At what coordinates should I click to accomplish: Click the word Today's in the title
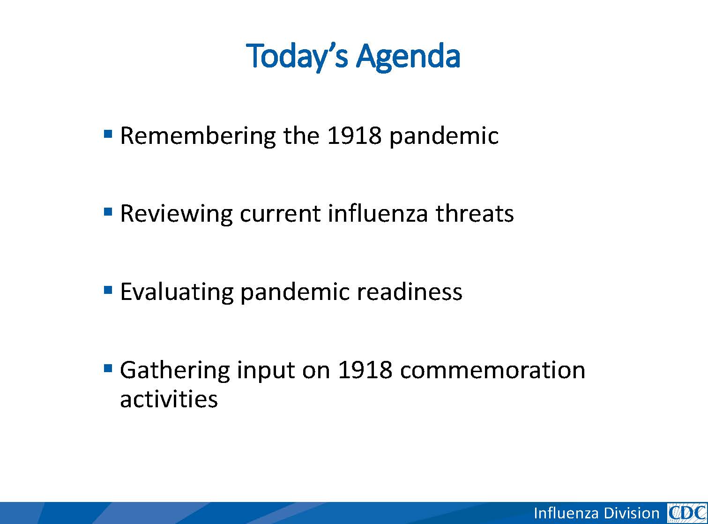(x=297, y=57)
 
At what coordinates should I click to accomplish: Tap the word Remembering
(x=198, y=136)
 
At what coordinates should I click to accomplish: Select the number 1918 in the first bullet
(x=354, y=135)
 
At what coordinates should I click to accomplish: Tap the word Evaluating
(x=177, y=292)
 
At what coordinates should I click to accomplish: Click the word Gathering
(x=175, y=370)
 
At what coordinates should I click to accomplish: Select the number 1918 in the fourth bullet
(x=365, y=370)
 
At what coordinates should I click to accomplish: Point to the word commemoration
(x=492, y=370)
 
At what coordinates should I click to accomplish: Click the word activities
(x=169, y=399)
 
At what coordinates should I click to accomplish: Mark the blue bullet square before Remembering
(x=108, y=133)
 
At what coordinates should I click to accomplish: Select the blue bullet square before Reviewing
(x=108, y=211)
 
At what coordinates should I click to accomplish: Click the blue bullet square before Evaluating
(x=108, y=290)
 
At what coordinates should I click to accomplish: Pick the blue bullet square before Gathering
(x=108, y=368)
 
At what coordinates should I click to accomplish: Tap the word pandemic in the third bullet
(x=295, y=292)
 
